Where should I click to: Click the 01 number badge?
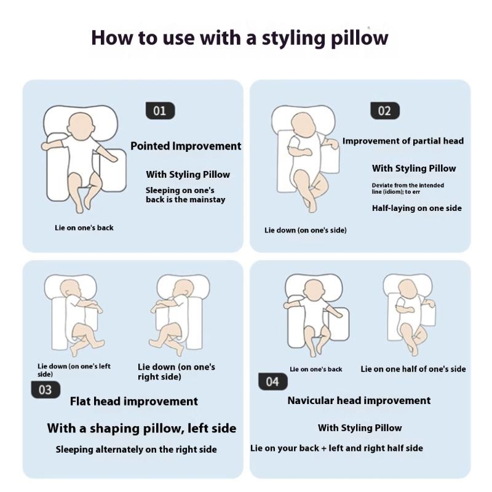160,111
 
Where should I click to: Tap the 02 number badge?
385,111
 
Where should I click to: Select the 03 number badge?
46,390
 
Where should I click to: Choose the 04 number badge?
272,381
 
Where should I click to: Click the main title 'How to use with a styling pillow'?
240,38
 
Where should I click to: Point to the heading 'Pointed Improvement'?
186,146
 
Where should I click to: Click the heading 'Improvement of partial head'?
403,141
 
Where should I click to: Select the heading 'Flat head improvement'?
134,402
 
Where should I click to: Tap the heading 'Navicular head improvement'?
359,400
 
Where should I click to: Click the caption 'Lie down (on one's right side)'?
177,372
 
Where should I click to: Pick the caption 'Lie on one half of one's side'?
413,369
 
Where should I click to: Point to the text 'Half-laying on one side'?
417,208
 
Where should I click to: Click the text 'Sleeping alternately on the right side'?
136,450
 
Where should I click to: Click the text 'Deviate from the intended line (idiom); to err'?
408,189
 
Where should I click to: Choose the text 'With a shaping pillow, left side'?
141,428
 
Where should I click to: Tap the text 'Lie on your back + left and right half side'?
336,448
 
